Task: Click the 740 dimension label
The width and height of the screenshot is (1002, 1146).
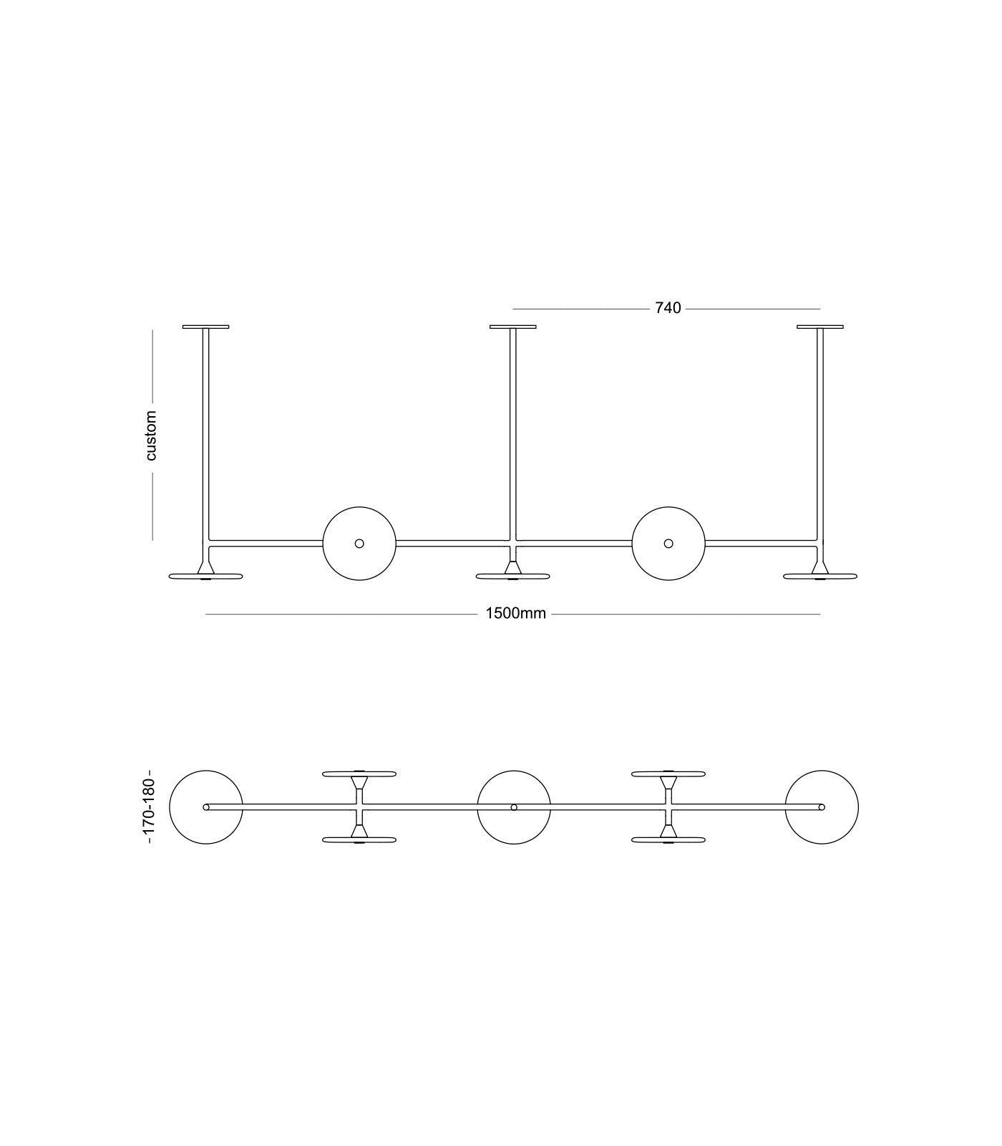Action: click(668, 308)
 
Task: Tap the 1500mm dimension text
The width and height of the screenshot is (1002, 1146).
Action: click(515, 614)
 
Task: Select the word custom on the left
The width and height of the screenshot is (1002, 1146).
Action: click(150, 435)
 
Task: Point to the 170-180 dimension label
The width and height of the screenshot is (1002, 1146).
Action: click(149, 806)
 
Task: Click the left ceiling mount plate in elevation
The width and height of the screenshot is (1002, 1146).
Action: click(205, 327)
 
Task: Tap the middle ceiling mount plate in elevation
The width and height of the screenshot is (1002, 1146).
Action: click(513, 327)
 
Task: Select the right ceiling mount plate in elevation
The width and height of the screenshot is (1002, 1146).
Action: click(820, 327)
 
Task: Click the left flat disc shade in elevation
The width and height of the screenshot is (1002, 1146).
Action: click(205, 576)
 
